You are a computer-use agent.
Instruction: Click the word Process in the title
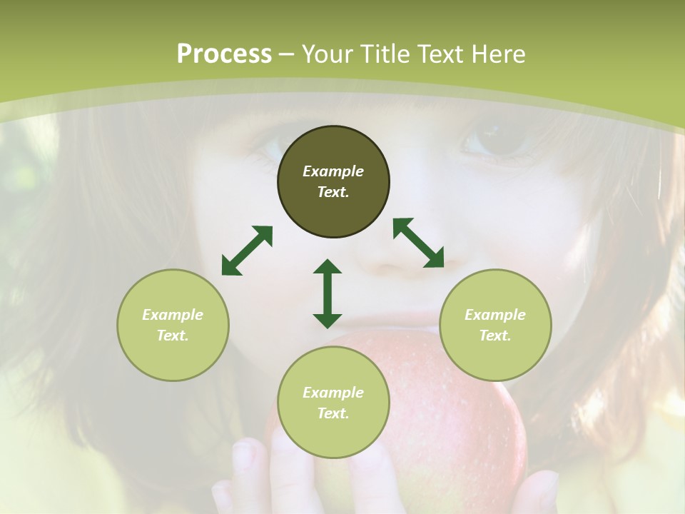point(224,54)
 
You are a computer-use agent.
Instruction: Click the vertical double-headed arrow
point(328,293)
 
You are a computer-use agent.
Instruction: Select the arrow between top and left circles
point(247,251)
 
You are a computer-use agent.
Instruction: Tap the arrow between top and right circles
point(418,243)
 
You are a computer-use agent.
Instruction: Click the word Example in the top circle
point(333,171)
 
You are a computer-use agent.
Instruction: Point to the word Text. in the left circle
point(173,336)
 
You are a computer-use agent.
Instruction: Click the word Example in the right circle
point(495,315)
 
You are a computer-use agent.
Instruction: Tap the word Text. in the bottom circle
point(333,413)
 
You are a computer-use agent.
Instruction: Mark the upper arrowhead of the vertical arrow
point(328,267)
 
